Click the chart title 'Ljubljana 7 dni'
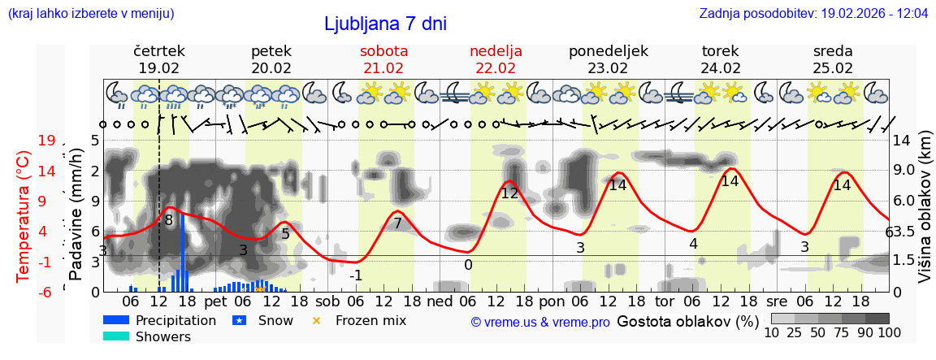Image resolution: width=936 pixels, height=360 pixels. click(385, 24)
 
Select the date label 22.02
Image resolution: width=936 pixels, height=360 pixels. click(496, 68)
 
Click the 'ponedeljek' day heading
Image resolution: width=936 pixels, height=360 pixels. click(608, 51)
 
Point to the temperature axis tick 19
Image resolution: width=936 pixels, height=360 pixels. click(46, 141)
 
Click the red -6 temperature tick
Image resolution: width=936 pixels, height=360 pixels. click(46, 292)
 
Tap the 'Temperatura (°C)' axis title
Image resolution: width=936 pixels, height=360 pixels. click(24, 216)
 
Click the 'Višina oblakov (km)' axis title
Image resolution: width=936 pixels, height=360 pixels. click(925, 215)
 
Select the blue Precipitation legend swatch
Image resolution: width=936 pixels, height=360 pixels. click(116, 320)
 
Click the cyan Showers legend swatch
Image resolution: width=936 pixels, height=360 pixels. click(116, 336)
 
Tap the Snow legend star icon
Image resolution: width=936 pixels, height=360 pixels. click(240, 320)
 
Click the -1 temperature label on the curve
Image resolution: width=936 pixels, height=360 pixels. click(355, 275)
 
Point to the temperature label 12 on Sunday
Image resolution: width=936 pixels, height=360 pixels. click(509, 193)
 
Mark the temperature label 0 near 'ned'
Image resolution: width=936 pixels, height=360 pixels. click(468, 264)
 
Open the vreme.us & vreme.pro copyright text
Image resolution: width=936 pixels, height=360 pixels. click(540, 323)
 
